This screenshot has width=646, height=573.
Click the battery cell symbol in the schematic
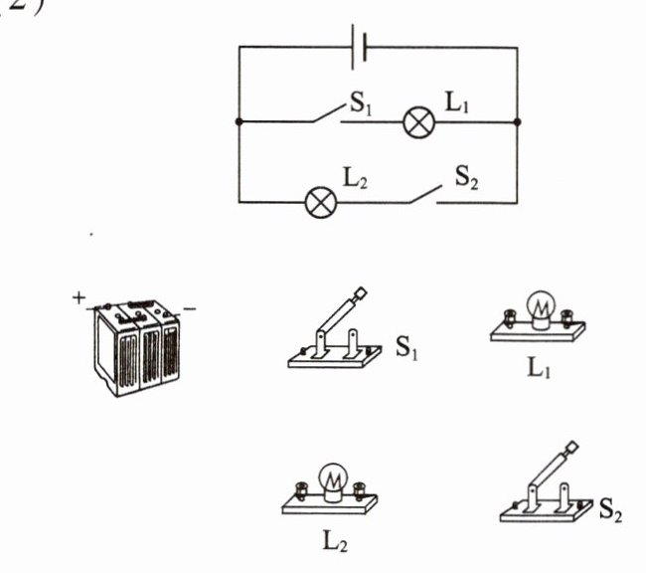click(359, 47)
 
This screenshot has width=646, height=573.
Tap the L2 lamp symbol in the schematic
click(320, 202)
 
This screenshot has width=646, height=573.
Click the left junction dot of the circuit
click(239, 122)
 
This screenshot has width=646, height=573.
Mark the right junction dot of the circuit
click(518, 122)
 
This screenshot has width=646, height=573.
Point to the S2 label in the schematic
click(467, 177)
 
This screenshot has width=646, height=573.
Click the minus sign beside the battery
click(189, 309)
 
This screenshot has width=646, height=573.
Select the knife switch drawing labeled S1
click(332, 333)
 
